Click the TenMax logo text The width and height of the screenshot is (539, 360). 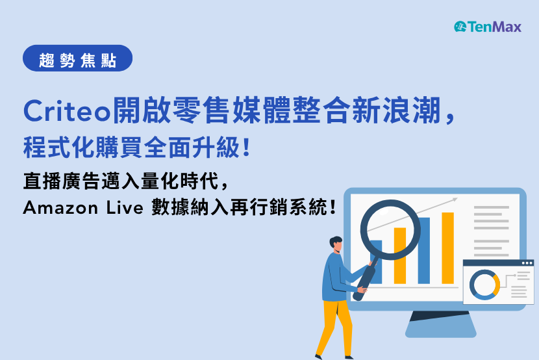pos(494,27)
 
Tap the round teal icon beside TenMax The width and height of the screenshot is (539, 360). pos(460,27)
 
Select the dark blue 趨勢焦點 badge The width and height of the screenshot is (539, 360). pos(78,58)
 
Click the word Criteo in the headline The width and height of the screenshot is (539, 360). pos(67,111)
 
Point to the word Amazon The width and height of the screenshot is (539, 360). pos(60,208)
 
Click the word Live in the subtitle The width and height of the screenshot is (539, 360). pos(124,208)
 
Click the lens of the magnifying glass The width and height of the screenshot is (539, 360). pos(390,229)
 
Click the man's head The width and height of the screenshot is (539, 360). pos(336,244)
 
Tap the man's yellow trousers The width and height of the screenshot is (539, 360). pos(335,328)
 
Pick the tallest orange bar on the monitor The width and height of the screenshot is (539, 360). pos(447,248)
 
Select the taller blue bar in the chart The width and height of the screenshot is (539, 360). pos(424,250)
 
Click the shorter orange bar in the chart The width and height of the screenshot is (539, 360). pos(400,255)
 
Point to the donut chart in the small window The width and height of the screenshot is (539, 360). pos(484,285)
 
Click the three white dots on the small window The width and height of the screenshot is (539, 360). pos(527,263)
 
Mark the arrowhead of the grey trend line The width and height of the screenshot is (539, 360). pos(455,199)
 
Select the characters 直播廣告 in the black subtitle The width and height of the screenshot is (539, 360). pos(62,181)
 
